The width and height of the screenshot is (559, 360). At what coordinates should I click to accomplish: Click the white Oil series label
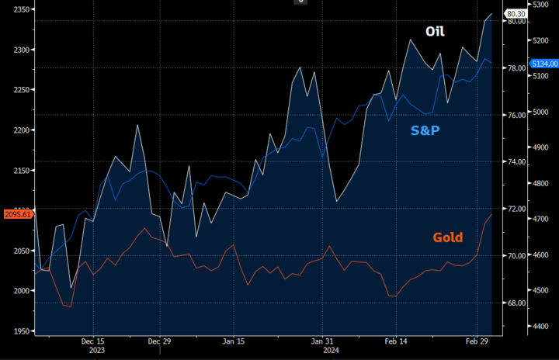435,32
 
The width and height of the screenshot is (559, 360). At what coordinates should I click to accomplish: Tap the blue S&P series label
425,130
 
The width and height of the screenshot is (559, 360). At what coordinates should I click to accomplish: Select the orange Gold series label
447,237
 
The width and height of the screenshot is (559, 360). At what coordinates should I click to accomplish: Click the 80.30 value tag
516,14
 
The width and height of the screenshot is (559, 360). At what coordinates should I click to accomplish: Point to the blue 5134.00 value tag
543,63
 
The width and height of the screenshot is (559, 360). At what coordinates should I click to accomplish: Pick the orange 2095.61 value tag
17,213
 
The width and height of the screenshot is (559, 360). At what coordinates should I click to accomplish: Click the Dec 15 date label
92,341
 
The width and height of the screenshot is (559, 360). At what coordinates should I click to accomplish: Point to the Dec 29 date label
159,341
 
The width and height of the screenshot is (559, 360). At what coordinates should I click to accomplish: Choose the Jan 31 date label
323,341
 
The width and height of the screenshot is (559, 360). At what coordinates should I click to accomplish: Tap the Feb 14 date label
396,341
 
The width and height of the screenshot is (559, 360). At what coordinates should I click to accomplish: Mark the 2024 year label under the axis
331,350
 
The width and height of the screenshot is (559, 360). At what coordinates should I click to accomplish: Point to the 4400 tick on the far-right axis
543,326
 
